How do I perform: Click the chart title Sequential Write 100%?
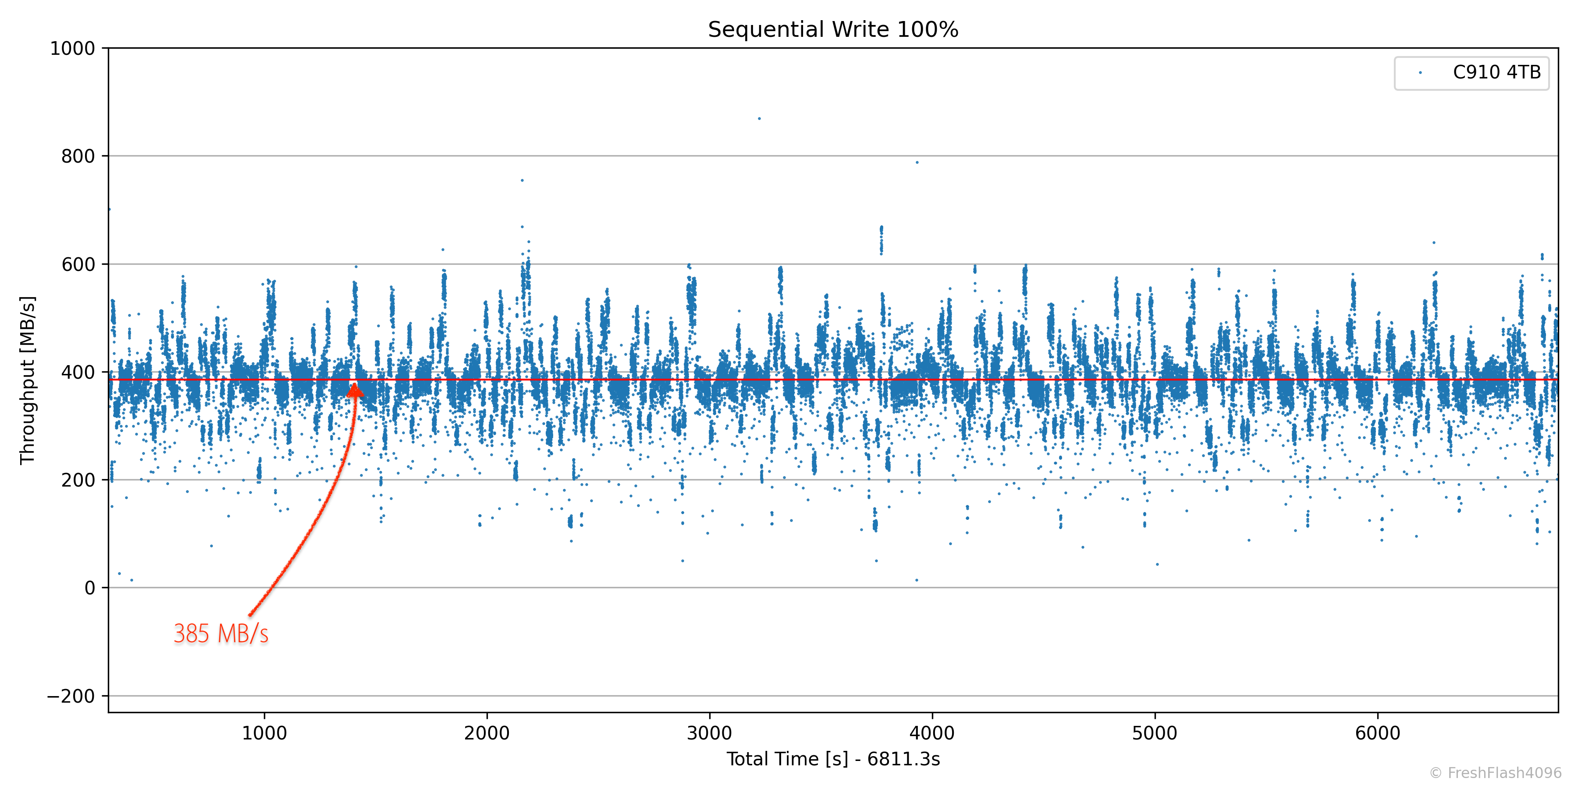833,29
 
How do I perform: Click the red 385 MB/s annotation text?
220,633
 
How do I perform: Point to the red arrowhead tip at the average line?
354,385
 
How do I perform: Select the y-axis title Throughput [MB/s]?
28,380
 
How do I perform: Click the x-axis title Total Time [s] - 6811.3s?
833,759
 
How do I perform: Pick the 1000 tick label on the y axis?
72,48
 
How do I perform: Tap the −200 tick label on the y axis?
71,696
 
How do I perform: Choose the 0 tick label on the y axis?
89,588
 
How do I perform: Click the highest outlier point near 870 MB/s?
759,118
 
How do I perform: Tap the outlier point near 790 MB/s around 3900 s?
917,162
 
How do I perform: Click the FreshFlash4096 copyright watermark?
1495,773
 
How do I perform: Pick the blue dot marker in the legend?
1420,73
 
